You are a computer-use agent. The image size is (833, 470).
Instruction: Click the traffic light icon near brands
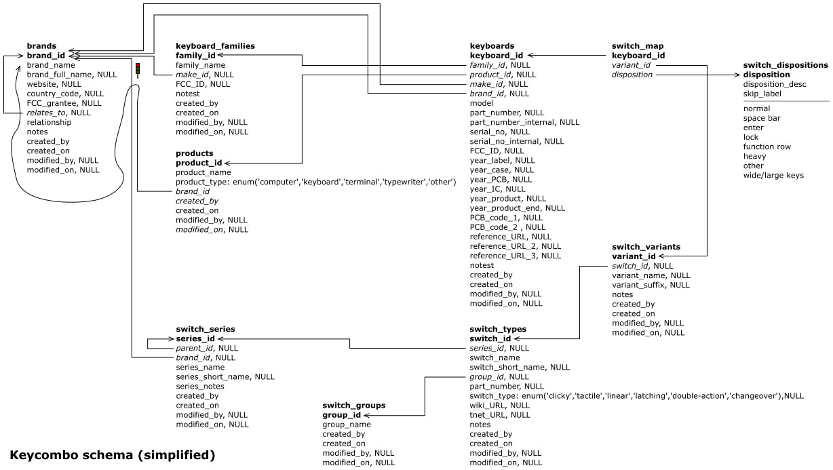pos(138,69)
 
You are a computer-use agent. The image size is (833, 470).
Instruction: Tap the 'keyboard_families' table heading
pos(215,45)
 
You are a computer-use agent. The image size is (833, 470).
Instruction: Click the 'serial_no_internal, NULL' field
pos(517,141)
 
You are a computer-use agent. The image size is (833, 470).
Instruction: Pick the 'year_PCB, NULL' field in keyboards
pos(501,179)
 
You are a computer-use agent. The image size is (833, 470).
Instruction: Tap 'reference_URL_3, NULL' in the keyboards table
pos(516,256)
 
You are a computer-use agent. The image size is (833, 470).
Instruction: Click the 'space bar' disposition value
pos(762,118)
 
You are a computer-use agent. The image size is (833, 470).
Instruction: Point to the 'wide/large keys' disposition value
pos(773,175)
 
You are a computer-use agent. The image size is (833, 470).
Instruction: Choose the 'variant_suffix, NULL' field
pos(651,285)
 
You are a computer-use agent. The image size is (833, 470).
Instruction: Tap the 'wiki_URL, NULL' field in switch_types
pos(500,405)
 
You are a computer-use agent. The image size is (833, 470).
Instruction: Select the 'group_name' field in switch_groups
pos(346,424)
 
